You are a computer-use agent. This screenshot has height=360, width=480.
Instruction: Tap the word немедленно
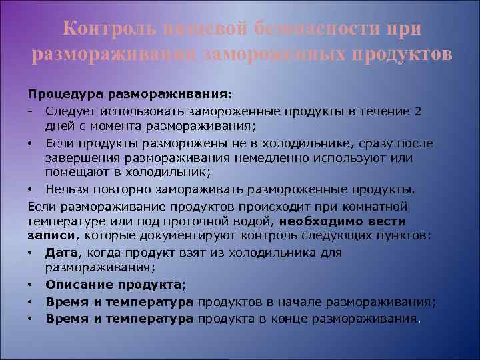(285, 158)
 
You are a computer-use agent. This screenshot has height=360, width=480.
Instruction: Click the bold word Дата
(59, 253)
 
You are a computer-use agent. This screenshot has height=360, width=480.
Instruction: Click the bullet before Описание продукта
(32, 285)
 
